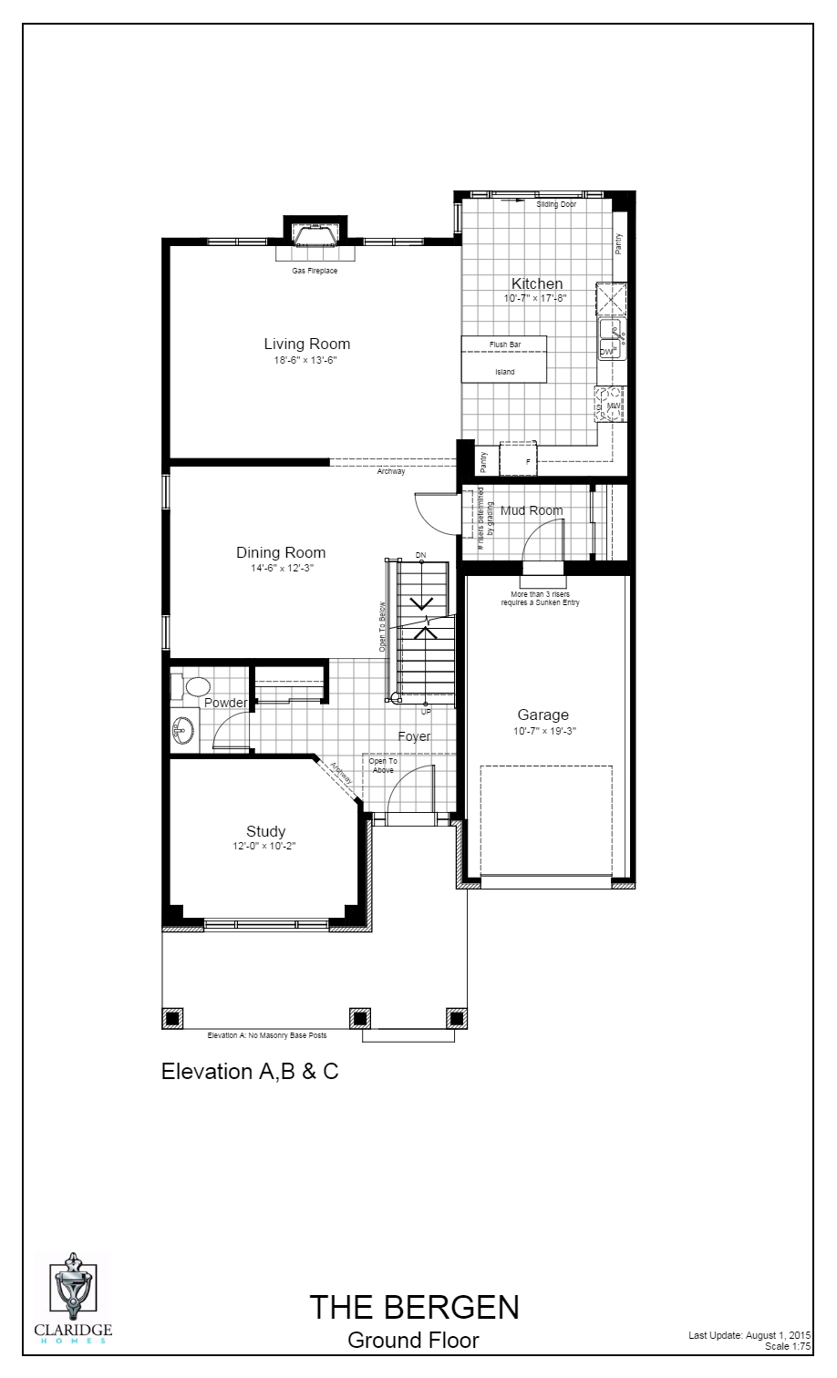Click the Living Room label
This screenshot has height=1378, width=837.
(x=306, y=344)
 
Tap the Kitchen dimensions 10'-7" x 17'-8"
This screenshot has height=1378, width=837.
(x=536, y=298)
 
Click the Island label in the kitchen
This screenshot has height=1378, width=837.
(x=504, y=372)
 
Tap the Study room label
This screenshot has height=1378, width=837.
(x=265, y=831)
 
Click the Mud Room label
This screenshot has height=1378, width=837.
(x=531, y=510)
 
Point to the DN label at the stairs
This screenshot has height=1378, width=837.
(x=420, y=555)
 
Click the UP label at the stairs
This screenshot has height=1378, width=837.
(x=426, y=711)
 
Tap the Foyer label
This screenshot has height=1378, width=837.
(x=414, y=736)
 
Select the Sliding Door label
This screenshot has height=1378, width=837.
(x=556, y=204)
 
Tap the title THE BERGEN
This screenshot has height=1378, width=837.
(x=414, y=1307)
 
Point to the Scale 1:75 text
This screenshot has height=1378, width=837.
(x=788, y=1345)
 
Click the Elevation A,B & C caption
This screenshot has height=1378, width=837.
(x=250, y=1071)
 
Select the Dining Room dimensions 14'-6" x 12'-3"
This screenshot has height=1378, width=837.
(x=281, y=568)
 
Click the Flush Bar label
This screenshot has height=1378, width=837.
(x=504, y=344)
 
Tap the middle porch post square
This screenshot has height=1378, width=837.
(x=360, y=1018)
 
